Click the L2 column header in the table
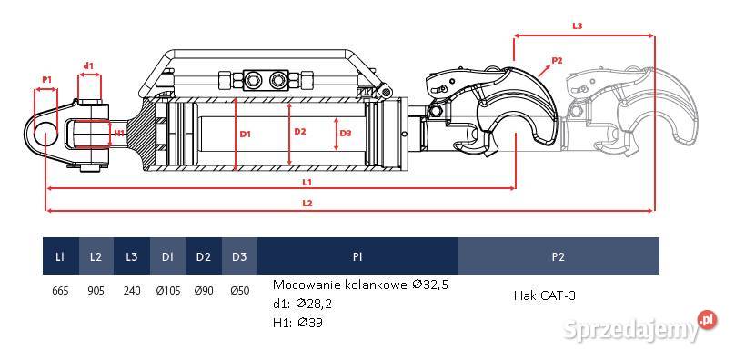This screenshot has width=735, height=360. (x=96, y=256)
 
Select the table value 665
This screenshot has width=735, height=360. (x=60, y=291)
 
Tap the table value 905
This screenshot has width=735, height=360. (x=96, y=291)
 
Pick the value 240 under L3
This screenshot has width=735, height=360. (x=132, y=291)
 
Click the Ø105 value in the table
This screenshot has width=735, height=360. (x=167, y=291)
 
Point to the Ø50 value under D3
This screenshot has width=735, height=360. (x=239, y=291)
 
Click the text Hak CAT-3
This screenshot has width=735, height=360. (x=545, y=295)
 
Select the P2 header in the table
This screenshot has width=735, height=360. (x=558, y=256)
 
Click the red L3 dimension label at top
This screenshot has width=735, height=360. (x=578, y=26)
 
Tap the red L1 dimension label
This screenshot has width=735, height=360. (x=307, y=183)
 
